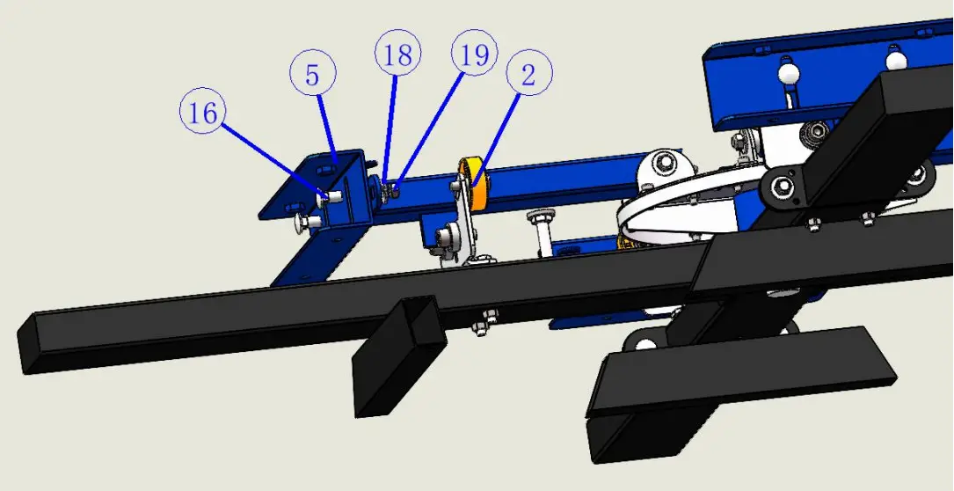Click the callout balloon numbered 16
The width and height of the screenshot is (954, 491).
point(202,113)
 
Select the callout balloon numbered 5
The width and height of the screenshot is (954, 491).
point(312,74)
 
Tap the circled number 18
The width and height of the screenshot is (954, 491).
point(398,55)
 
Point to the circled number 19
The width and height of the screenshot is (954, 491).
point(475,54)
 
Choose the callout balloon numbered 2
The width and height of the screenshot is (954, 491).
point(529,73)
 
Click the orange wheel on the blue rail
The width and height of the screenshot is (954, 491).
point(473,183)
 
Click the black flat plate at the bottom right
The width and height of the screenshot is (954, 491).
point(741,371)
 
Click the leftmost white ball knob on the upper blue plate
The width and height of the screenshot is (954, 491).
point(789,74)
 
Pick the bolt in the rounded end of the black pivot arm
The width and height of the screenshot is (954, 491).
point(783,186)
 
